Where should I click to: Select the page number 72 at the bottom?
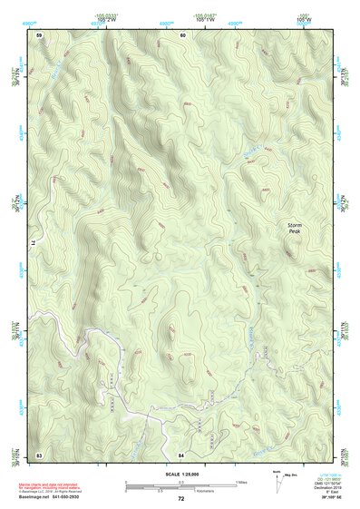pos(181,499)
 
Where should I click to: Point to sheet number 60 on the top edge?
pos(182,34)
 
